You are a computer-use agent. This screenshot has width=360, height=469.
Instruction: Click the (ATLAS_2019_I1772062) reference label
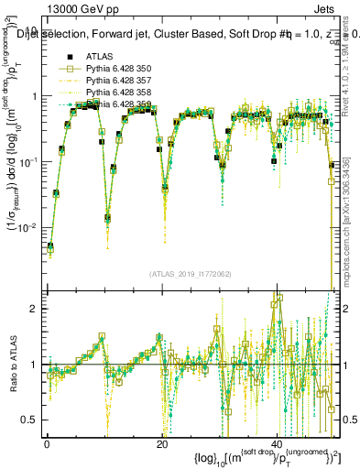coord(191,274)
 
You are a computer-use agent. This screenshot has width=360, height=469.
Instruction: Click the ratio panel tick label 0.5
coord(27,420)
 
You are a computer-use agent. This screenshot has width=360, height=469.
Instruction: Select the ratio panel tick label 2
coord(34,309)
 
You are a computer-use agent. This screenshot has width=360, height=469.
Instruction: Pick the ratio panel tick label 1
coord(34,365)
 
